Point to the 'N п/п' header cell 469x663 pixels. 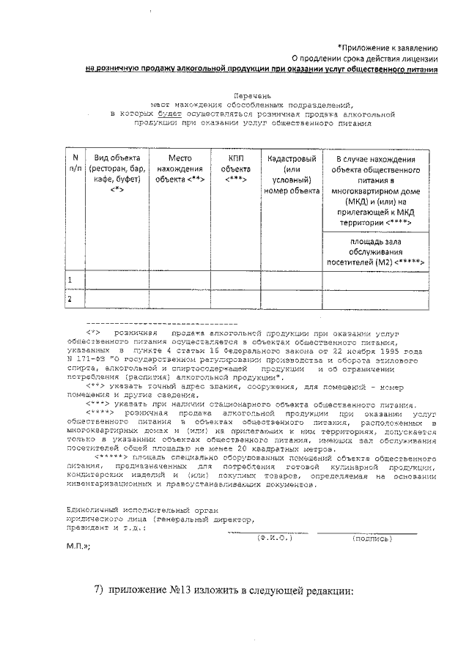(x=75, y=163)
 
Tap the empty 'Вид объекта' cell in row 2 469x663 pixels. (x=117, y=299)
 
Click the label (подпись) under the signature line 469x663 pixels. (x=372, y=538)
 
